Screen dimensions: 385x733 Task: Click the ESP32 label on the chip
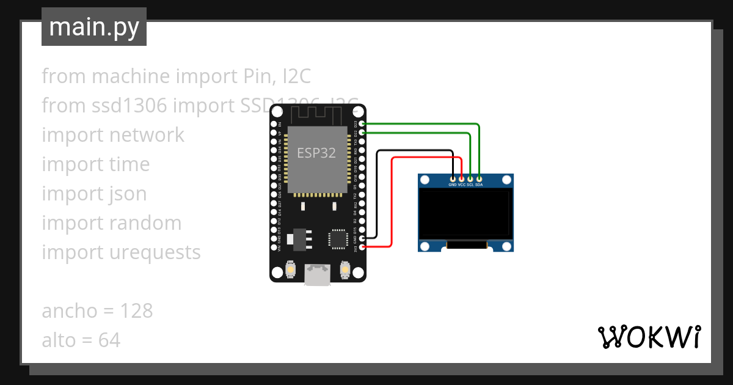pyautogui.click(x=316, y=153)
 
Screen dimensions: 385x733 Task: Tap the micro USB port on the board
pyautogui.click(x=318, y=274)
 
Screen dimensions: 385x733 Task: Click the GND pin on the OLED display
pyautogui.click(x=453, y=178)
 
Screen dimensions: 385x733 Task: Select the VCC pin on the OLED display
pyautogui.click(x=462, y=178)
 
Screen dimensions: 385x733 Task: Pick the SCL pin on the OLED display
pyautogui.click(x=470, y=178)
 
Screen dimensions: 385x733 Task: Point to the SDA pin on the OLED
pyautogui.click(x=479, y=178)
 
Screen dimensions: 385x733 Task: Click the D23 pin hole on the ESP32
pyautogui.click(x=363, y=123)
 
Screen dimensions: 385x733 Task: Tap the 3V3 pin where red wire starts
pyautogui.click(x=363, y=247)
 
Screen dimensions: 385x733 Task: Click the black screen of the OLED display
pyautogui.click(x=465, y=213)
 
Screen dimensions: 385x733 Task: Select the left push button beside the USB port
pyautogui.click(x=291, y=269)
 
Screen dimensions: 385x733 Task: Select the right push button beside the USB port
pyautogui.click(x=345, y=269)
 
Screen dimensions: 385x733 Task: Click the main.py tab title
pyautogui.click(x=94, y=28)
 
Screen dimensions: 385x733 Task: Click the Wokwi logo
pyautogui.click(x=649, y=337)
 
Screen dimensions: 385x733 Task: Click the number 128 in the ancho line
pyautogui.click(x=136, y=311)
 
